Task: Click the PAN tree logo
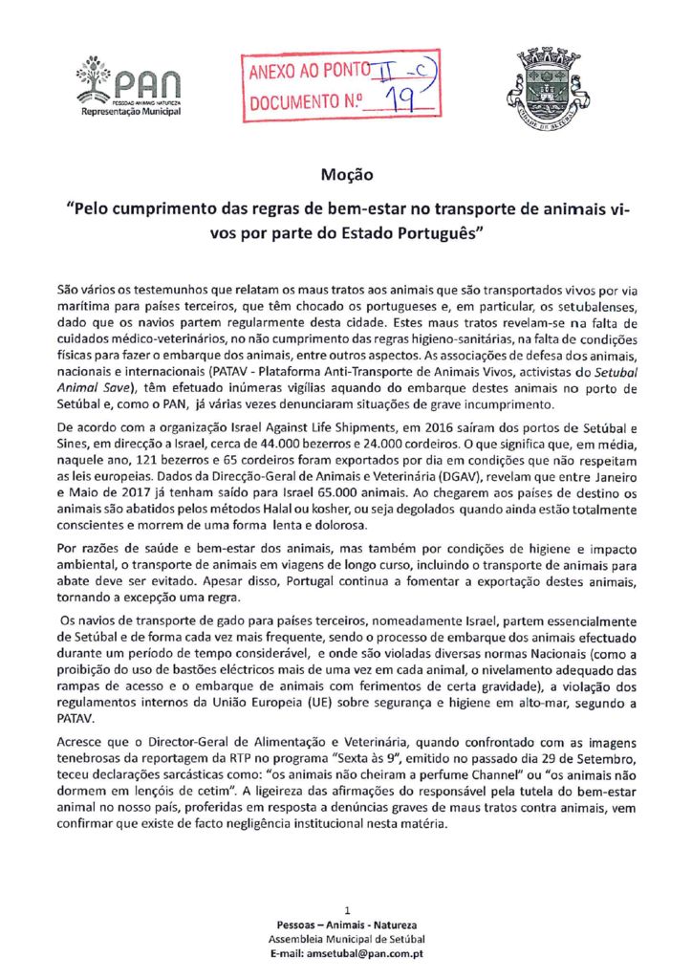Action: point(95,76)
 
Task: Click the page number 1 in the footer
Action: point(346,909)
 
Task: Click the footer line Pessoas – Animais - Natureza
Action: point(346,925)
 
